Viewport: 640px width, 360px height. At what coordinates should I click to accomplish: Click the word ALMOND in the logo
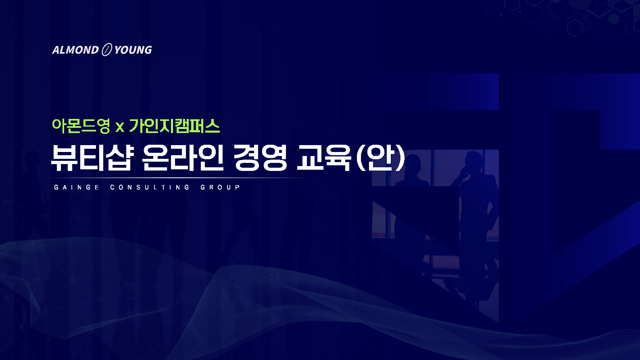point(75,50)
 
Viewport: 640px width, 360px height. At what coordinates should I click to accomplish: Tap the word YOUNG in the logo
point(133,50)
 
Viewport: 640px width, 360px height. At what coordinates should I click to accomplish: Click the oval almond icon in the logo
point(106,50)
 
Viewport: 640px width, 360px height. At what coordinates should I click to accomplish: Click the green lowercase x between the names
point(120,127)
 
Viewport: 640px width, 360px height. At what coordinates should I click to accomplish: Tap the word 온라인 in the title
point(183,158)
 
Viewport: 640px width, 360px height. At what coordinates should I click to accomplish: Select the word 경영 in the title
point(260,158)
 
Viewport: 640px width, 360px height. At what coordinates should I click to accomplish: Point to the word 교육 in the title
point(324,158)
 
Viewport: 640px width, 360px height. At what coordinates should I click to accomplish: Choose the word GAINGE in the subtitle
point(77,187)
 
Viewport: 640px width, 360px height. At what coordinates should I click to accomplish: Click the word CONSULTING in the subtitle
point(150,187)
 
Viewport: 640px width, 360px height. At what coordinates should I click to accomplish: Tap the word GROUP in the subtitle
point(220,187)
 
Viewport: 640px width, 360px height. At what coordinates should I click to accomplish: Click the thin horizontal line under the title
point(177,178)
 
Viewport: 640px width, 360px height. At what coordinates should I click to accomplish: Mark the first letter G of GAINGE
point(56,187)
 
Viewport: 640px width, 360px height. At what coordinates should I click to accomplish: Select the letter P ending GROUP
point(238,187)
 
